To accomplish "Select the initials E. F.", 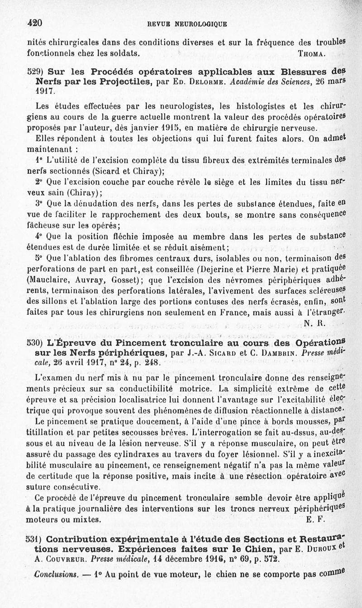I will (x=315, y=520).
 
